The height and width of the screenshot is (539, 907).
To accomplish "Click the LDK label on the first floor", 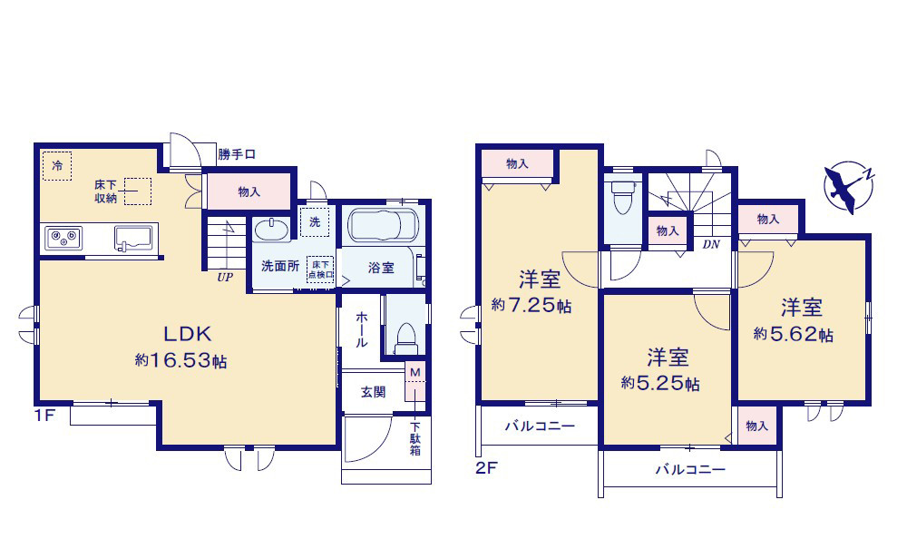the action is click(x=188, y=334).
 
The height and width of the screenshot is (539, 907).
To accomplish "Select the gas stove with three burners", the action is click(x=63, y=239).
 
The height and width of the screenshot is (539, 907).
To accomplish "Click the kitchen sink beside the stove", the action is click(x=133, y=239).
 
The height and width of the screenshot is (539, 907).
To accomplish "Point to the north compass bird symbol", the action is click(x=849, y=187).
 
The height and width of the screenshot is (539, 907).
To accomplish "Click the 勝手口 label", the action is click(x=237, y=154).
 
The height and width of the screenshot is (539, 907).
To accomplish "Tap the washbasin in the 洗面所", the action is click(x=271, y=230).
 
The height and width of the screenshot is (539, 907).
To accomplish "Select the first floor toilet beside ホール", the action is click(x=406, y=338).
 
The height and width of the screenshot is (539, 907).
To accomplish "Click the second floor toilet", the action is click(x=622, y=198).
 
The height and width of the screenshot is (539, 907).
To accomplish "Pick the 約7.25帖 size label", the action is click(x=532, y=305).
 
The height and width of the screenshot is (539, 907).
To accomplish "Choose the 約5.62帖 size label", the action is click(x=794, y=334).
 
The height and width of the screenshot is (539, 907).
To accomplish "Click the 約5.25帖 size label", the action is click(x=660, y=383).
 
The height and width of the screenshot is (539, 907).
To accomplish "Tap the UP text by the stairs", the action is click(x=225, y=278).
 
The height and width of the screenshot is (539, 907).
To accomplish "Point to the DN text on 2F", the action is click(x=711, y=244).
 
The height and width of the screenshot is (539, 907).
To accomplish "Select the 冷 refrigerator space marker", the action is click(x=56, y=166).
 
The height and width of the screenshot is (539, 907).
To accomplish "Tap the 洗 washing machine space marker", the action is click(x=315, y=221).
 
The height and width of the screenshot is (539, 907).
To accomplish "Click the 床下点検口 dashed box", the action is click(x=320, y=269).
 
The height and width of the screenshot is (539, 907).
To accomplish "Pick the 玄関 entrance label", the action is click(x=373, y=392).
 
